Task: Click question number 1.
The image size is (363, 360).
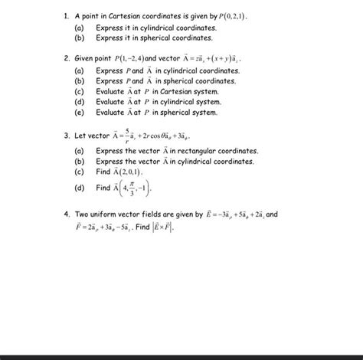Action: point(67,15)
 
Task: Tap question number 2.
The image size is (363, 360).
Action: point(67,57)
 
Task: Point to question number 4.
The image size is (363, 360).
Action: point(67,216)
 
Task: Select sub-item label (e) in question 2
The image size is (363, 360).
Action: point(79,112)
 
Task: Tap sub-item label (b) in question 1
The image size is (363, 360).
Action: point(79,36)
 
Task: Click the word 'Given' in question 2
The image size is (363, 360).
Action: point(85,57)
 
